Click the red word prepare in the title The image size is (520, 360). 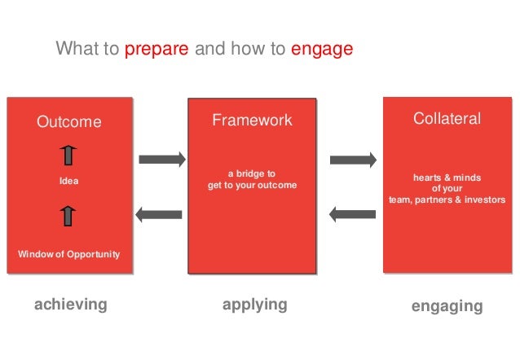(x=156, y=50)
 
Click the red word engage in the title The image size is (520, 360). (x=321, y=50)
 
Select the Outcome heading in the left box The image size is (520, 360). (x=69, y=122)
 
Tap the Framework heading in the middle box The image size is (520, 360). (x=252, y=121)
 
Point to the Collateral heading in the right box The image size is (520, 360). (x=447, y=119)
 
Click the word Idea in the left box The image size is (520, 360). (x=69, y=180)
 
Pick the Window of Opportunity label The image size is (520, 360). (x=69, y=254)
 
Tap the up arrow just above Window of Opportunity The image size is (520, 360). (x=69, y=216)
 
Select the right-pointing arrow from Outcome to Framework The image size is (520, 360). (x=161, y=159)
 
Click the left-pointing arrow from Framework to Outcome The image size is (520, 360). (x=160, y=215)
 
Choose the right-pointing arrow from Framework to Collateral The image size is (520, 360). (x=351, y=159)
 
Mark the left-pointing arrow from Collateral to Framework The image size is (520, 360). (x=351, y=215)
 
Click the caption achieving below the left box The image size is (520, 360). (x=70, y=305)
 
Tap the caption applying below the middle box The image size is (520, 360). (x=255, y=305)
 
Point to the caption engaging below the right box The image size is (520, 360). (x=447, y=306)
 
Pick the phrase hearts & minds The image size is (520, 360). (x=447, y=177)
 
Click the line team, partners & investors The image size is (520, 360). (x=447, y=200)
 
